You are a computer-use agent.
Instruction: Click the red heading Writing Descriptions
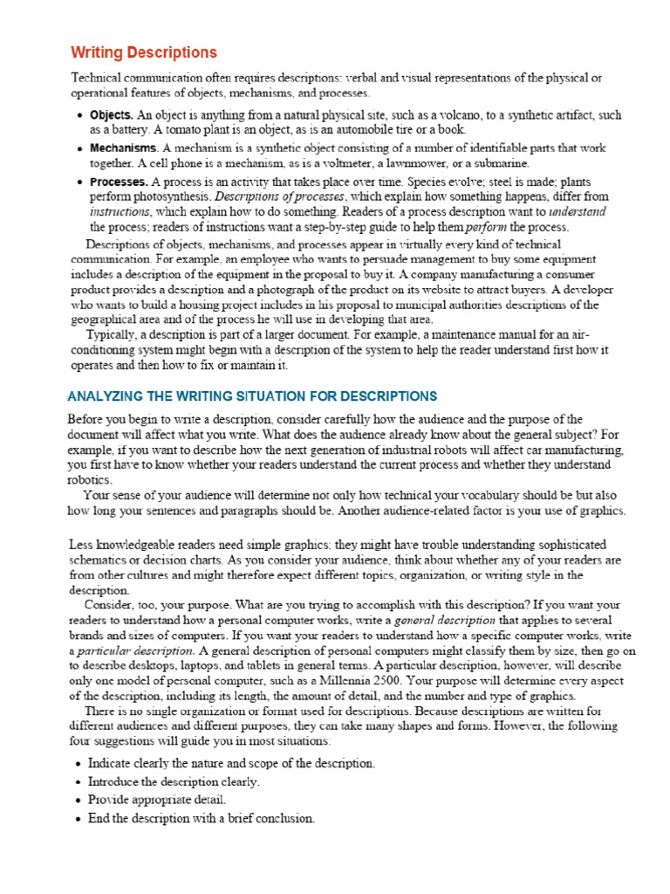(144, 53)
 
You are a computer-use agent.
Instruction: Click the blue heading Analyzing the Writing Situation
(252, 395)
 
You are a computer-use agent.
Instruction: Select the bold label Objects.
(112, 114)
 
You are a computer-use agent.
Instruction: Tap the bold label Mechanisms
(124, 148)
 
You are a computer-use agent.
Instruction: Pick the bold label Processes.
(119, 182)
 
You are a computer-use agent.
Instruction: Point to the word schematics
(100, 559)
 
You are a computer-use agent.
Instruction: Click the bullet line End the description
(201, 819)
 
